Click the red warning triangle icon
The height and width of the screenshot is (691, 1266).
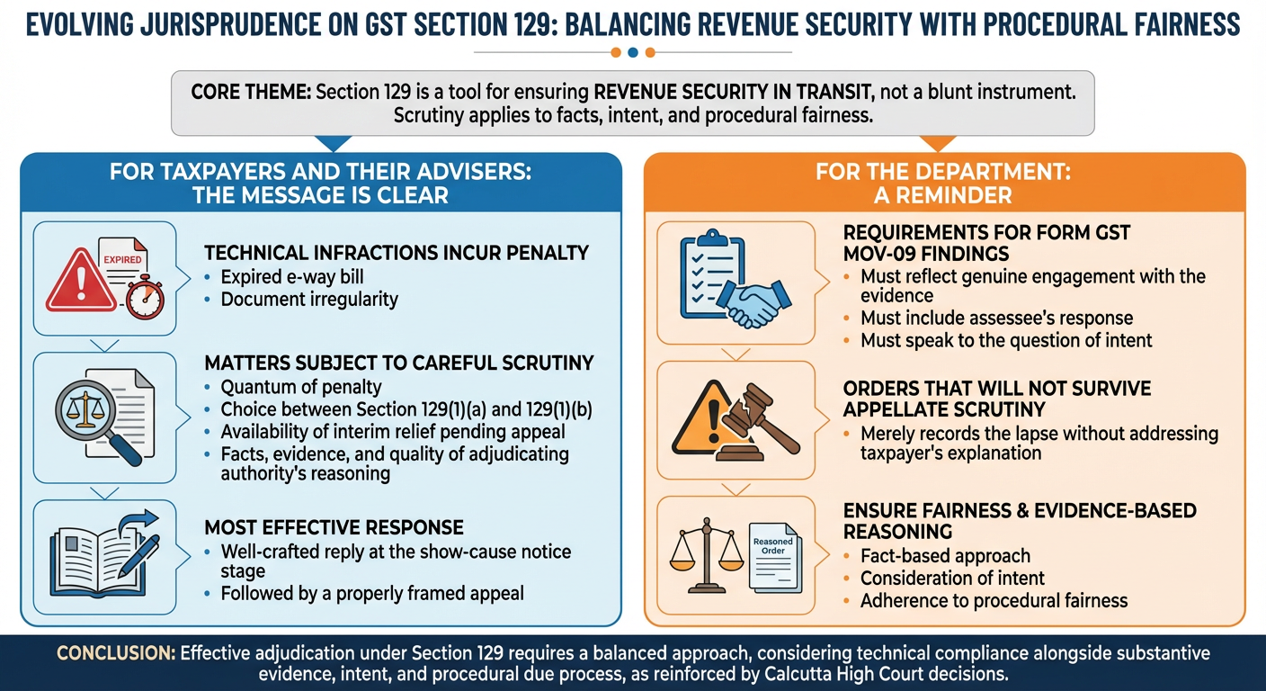[81, 281]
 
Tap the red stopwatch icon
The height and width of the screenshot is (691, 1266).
[146, 298]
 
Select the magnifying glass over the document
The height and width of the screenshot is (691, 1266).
[95, 419]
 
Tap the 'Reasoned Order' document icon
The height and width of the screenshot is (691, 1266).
[775, 558]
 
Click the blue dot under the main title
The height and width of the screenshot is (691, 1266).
[633, 52]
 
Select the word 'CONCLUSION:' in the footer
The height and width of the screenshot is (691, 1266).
[116, 653]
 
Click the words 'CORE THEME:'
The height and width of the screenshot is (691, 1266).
[251, 92]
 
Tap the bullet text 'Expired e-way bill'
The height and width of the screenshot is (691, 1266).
[292, 276]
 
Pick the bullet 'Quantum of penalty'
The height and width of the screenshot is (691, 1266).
[301, 387]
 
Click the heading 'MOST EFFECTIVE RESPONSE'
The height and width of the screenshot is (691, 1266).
[334, 527]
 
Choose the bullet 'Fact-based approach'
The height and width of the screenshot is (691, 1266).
[946, 556]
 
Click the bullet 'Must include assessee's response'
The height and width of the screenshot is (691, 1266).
[997, 318]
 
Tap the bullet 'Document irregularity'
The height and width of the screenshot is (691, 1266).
[309, 299]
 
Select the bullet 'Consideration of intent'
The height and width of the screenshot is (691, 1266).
[953, 579]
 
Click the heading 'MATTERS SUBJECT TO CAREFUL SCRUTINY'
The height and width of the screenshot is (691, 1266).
[399, 363]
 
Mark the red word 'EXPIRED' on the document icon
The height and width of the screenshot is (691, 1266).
[122, 259]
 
